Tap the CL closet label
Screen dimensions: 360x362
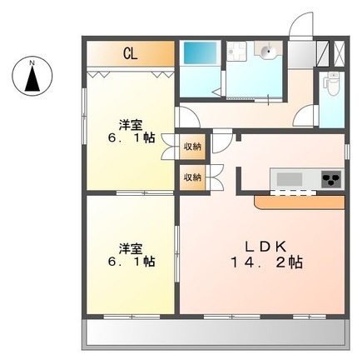coord(131,54)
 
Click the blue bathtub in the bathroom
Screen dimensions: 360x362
coord(199,53)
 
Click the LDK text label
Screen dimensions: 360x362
coord(265,246)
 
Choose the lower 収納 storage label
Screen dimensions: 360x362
coord(192,177)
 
